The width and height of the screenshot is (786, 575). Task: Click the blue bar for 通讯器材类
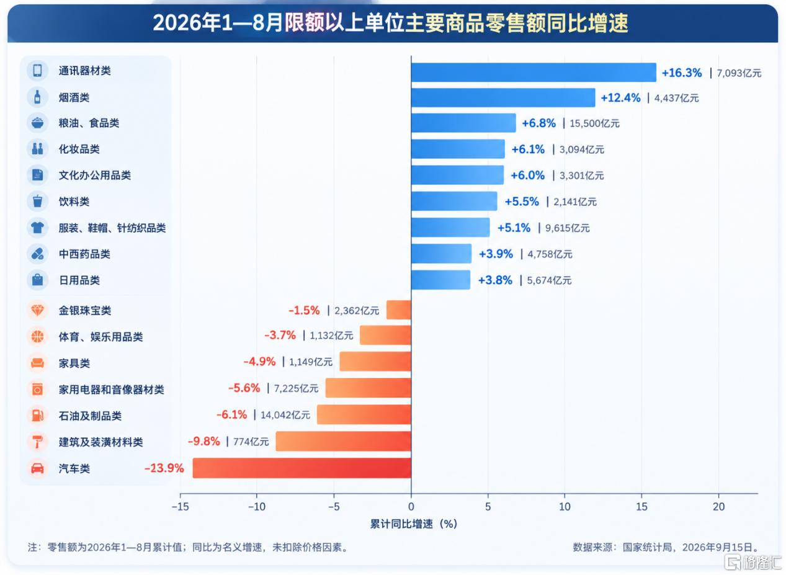[534, 73]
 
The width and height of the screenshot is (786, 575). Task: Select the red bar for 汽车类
[301, 468]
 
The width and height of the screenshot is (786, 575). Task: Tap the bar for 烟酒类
[503, 97]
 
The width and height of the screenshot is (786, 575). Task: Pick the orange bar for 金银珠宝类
[399, 310]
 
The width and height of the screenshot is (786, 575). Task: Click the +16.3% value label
[681, 73]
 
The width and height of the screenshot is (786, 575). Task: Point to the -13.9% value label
[164, 468]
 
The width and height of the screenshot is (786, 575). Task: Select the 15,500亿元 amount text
[594, 123]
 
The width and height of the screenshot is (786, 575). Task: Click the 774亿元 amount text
[251, 442]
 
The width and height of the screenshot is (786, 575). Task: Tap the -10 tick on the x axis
[257, 507]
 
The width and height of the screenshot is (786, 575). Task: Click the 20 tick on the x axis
[718, 507]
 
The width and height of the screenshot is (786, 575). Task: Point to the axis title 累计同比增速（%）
[414, 524]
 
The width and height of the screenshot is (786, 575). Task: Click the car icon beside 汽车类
[38, 468]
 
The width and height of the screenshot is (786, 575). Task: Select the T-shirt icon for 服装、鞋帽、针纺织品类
[38, 228]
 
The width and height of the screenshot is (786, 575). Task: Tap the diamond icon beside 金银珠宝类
[38, 310]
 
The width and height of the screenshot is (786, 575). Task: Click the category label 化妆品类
[79, 149]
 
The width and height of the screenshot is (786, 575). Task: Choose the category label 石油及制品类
[90, 416]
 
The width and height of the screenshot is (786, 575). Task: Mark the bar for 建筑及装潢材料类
[343, 442]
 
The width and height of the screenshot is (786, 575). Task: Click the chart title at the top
[390, 23]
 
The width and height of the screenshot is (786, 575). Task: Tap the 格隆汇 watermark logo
[754, 563]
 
